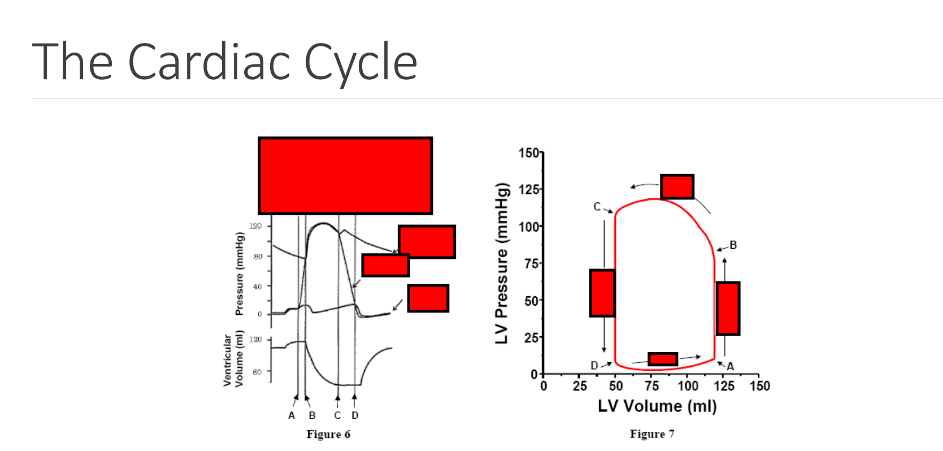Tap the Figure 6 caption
pyautogui.click(x=328, y=434)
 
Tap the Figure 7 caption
pyautogui.click(x=652, y=434)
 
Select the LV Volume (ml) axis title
pyautogui.click(x=657, y=406)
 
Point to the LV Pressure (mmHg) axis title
pyautogui.click(x=502, y=263)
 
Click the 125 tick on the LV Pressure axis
pyautogui.click(x=529, y=189)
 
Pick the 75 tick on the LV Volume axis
pyautogui.click(x=651, y=386)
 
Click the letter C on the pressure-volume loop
pyautogui.click(x=597, y=207)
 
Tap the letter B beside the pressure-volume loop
pyautogui.click(x=733, y=245)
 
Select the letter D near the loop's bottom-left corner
pyautogui.click(x=594, y=366)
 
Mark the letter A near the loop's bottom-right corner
pyautogui.click(x=731, y=367)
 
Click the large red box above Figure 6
pyautogui.click(x=345, y=176)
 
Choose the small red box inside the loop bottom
pyautogui.click(x=663, y=359)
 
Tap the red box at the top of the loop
pyautogui.click(x=677, y=187)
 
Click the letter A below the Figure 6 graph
pyautogui.click(x=292, y=415)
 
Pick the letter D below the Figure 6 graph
pyautogui.click(x=355, y=415)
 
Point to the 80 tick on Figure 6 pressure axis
pyautogui.click(x=258, y=257)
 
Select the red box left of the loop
pyautogui.click(x=602, y=293)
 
